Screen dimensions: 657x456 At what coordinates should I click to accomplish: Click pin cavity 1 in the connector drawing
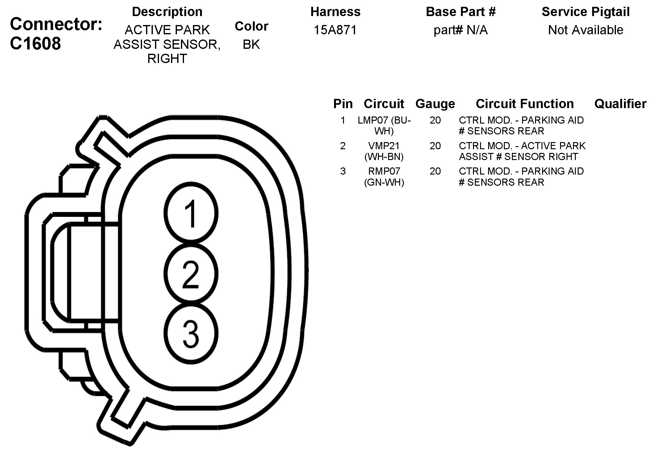191,213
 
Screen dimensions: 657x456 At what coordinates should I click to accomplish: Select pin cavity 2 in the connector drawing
191,274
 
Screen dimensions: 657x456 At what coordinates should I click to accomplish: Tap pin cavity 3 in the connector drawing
191,334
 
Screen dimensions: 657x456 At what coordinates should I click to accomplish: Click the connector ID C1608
36,44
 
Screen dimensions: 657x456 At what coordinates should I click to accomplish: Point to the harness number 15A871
335,30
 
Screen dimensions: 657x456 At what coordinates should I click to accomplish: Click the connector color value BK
251,44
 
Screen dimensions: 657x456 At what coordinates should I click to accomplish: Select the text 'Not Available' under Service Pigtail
585,30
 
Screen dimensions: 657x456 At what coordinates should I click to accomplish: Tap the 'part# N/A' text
460,30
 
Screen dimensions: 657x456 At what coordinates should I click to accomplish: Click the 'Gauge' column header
435,104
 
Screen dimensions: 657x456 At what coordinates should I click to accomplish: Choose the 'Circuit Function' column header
525,104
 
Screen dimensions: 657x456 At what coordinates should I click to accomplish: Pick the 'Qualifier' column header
620,104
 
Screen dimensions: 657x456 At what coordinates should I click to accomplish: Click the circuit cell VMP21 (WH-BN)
384,151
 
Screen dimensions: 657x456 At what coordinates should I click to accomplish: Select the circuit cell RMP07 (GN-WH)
384,176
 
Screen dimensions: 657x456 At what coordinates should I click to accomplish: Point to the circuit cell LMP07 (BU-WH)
384,125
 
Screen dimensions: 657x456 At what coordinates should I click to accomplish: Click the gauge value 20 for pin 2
435,146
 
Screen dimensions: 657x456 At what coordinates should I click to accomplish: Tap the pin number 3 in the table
343,171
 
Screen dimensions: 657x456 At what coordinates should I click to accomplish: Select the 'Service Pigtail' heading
585,12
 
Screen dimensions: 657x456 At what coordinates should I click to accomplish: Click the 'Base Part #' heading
460,12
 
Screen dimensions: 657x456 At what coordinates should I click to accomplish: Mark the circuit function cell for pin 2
522,151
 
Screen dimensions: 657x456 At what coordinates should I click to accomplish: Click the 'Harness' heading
335,12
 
